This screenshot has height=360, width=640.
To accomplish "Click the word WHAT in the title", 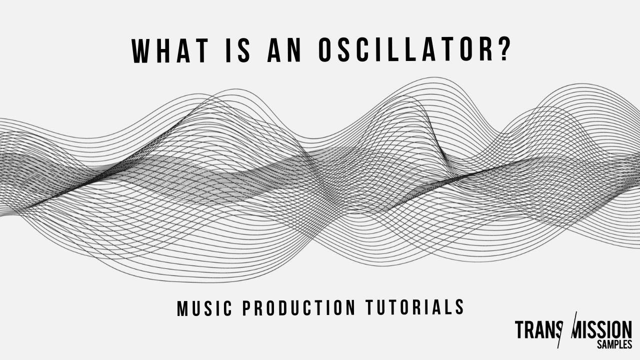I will [x=170, y=50].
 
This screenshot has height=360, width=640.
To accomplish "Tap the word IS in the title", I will [x=236, y=50].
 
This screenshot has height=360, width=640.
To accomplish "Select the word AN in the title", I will [x=284, y=50].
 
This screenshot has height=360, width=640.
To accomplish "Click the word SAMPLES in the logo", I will [x=614, y=345].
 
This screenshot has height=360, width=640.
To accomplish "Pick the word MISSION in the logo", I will [x=603, y=330].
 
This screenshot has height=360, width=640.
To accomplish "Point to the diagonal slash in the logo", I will [x=570, y=330].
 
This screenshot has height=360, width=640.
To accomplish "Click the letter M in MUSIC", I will [x=182, y=308].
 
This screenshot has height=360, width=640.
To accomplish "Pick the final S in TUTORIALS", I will [x=459, y=306].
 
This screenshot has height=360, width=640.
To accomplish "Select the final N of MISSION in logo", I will [x=626, y=330].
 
